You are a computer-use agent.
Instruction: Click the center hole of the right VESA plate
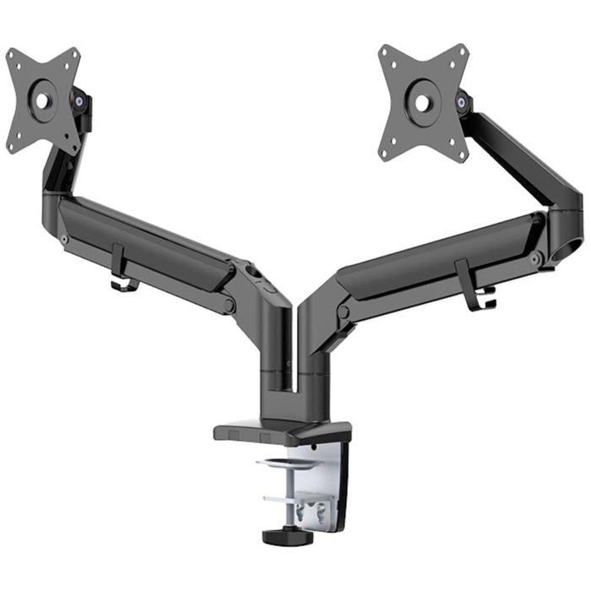421,103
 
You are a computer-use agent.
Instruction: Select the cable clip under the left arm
122,272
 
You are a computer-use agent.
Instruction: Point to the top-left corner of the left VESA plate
11,54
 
